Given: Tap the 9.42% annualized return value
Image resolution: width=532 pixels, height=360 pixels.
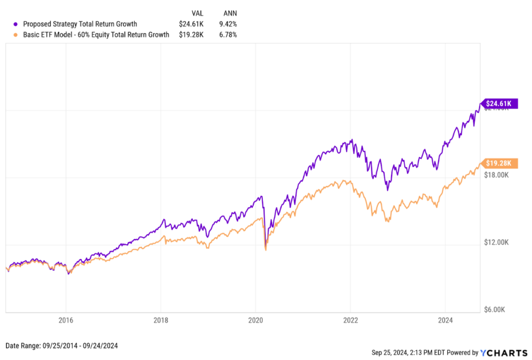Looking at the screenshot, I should [228, 23].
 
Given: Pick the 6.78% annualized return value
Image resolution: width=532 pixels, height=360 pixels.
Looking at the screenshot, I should [228, 35].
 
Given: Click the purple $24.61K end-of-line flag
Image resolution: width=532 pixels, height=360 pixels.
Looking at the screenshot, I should [499, 103].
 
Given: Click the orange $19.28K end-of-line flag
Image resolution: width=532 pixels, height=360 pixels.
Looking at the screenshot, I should [499, 163].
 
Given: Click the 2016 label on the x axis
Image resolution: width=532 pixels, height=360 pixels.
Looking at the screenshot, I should [65, 320].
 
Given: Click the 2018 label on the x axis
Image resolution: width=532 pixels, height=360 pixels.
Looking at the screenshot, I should [161, 320].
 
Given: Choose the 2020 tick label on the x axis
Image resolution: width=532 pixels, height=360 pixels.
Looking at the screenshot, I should [256, 320].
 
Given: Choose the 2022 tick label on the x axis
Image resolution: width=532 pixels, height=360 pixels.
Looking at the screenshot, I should [351, 320].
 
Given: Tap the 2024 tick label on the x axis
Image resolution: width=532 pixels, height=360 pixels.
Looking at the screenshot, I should [445, 320].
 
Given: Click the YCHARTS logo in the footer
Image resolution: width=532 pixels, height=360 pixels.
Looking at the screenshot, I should [499, 353].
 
